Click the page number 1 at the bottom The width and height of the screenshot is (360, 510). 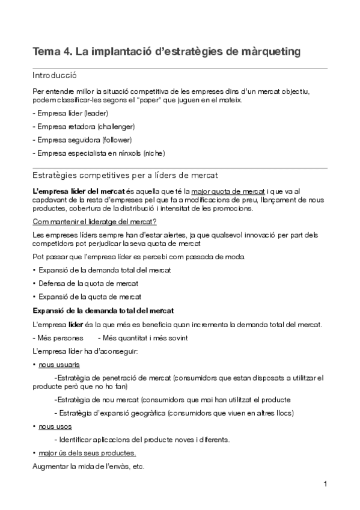pyautogui.click(x=325, y=484)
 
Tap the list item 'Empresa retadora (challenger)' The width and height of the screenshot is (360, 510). pyautogui.click(x=85, y=126)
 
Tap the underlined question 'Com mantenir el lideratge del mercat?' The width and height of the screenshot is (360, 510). pyautogui.click(x=94, y=221)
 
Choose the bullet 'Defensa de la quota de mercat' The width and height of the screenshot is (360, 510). pyautogui.click(x=88, y=283)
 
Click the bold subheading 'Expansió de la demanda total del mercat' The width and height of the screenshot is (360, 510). pyautogui.click(x=103, y=310)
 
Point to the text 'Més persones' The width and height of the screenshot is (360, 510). pyautogui.click(x=59, y=338)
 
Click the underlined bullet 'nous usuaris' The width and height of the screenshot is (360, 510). pyautogui.click(x=59, y=365)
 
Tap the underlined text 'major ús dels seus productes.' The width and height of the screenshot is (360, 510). pyautogui.click(x=87, y=453)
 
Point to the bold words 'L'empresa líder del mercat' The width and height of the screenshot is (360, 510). pyautogui.click(x=74, y=191)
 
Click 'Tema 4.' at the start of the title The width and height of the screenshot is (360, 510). pyautogui.click(x=52, y=52)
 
